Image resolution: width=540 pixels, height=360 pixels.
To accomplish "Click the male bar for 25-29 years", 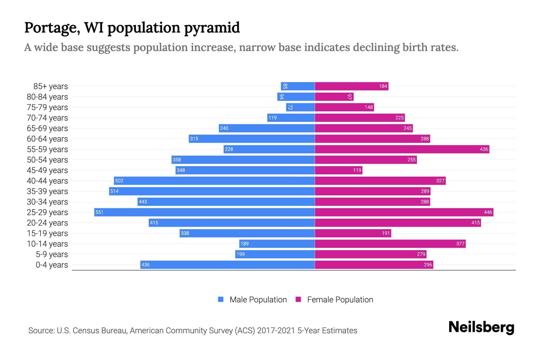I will pyautogui.click(x=204, y=212).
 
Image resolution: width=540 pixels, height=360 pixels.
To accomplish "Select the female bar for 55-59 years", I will pyautogui.click(x=402, y=149).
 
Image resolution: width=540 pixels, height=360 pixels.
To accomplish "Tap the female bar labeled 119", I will pyautogui.click(x=338, y=170).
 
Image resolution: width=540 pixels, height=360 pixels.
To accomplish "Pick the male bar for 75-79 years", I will pyautogui.click(x=300, y=107).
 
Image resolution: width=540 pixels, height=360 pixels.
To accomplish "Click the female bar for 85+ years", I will pyautogui.click(x=352, y=86).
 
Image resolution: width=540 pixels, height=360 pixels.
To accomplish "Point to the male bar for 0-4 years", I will pyautogui.click(x=227, y=265).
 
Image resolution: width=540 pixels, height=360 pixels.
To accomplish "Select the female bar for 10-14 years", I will pyautogui.click(x=390, y=244).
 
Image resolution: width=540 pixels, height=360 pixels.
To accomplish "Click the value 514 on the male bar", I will pyautogui.click(x=114, y=191).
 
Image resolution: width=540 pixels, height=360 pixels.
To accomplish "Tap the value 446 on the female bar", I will pyautogui.click(x=488, y=212).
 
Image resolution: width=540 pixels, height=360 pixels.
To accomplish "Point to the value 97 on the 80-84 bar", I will pyautogui.click(x=349, y=97).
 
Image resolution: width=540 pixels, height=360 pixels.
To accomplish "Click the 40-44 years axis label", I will pyautogui.click(x=47, y=181).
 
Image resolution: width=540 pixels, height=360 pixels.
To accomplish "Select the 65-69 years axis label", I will pyautogui.click(x=47, y=128).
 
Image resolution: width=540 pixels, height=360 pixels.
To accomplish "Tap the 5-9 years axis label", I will pyautogui.click(x=52, y=254).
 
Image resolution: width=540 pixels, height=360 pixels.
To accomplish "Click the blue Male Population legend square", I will pyautogui.click(x=221, y=299).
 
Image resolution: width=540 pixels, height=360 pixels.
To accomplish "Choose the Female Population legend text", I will pyautogui.click(x=340, y=300).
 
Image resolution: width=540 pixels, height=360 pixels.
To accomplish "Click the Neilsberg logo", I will pyautogui.click(x=481, y=327).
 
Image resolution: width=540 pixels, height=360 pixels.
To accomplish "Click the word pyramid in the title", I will pyautogui.click(x=212, y=28).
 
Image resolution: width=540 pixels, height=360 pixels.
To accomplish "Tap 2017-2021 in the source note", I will pyautogui.click(x=276, y=331).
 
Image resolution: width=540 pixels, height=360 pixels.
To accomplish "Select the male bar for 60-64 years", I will pyautogui.click(x=252, y=139).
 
